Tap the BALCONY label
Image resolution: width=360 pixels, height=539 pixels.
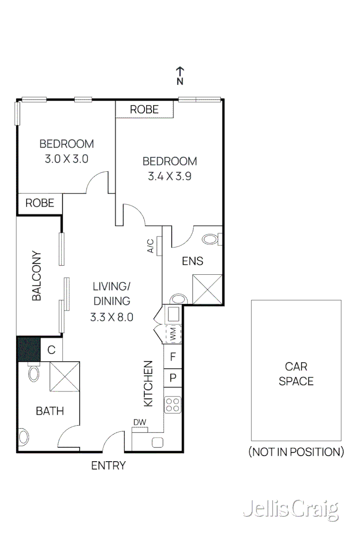coord(36,276)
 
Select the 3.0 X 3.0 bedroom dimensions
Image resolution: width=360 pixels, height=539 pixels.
coord(67,159)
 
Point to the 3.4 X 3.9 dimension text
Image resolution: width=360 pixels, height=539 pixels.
coord(169,176)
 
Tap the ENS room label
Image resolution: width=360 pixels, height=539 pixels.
coord(193,261)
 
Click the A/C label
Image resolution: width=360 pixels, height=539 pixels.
coord(150,246)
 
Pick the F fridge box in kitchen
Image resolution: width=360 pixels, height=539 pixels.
coord(172,357)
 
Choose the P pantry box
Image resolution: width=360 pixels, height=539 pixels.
coord(172,377)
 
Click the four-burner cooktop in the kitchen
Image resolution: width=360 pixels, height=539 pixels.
coord(172,405)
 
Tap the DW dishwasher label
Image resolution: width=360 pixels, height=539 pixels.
coord(139,422)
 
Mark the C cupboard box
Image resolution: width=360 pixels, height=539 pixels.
coord(51,350)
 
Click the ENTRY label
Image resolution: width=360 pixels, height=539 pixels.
coord(108,466)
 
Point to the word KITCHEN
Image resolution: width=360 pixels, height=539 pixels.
coord(148,383)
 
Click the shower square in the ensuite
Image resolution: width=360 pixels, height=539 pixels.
coord(207,289)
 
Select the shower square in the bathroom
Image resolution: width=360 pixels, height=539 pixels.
coord(65,376)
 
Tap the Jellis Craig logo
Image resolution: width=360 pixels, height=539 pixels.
coord(290,510)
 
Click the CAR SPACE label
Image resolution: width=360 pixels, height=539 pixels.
coord(296,374)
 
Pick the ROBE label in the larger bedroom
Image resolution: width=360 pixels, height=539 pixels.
coord(144,109)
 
